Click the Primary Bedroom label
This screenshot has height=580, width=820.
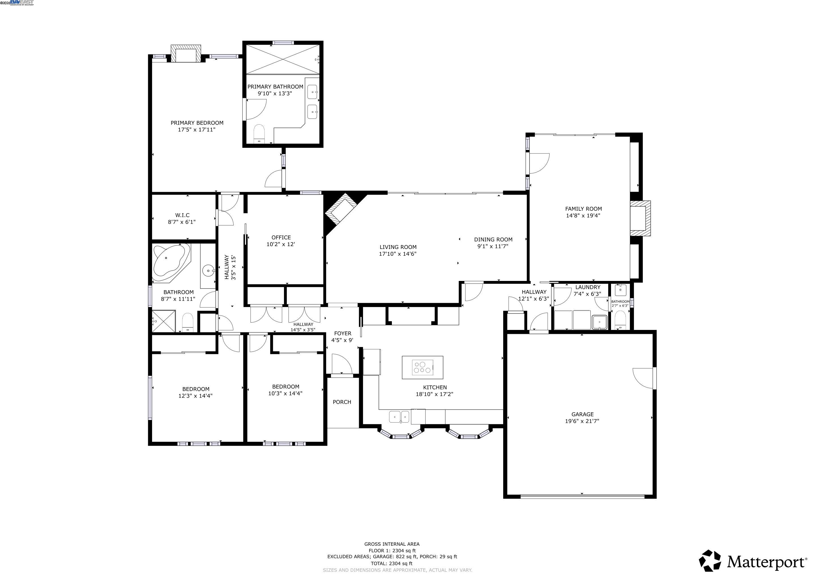(197, 123)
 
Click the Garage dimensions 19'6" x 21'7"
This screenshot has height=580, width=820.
(582, 421)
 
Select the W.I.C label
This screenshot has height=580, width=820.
(182, 215)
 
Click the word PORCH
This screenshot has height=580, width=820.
(342, 402)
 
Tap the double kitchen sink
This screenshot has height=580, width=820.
(399, 416)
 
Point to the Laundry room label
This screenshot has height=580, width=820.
(588, 287)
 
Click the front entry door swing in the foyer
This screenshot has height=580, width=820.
(342, 364)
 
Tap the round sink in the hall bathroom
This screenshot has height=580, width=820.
(209, 271)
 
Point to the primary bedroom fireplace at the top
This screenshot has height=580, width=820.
(186, 54)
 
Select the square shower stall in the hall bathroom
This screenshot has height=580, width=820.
(164, 321)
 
